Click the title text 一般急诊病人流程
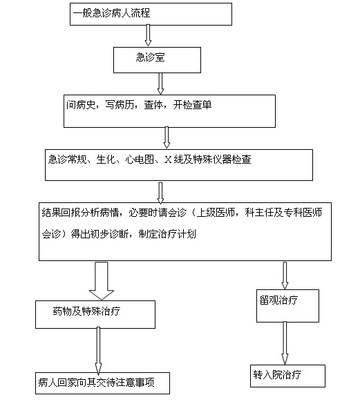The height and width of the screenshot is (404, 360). [111, 13]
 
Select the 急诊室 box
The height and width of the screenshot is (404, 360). [157, 60]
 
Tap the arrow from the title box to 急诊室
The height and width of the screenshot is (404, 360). [148, 35]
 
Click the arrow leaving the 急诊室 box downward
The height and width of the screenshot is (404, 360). [160, 84]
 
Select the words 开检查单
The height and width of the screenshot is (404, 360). [192, 105]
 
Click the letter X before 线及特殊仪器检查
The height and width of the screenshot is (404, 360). [168, 160]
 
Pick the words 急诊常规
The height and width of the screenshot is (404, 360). [67, 160]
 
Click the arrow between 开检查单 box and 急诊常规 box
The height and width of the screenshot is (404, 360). [167, 137]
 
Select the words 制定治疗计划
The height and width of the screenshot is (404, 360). [167, 234]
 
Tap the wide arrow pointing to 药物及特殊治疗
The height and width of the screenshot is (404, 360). [102, 281]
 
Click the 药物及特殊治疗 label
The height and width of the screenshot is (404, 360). [86, 311]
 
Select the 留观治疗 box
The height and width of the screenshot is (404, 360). [288, 306]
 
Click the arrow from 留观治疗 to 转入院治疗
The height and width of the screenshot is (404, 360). [285, 343]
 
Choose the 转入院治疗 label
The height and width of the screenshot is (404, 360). [277, 375]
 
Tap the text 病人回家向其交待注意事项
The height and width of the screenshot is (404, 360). [96, 383]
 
